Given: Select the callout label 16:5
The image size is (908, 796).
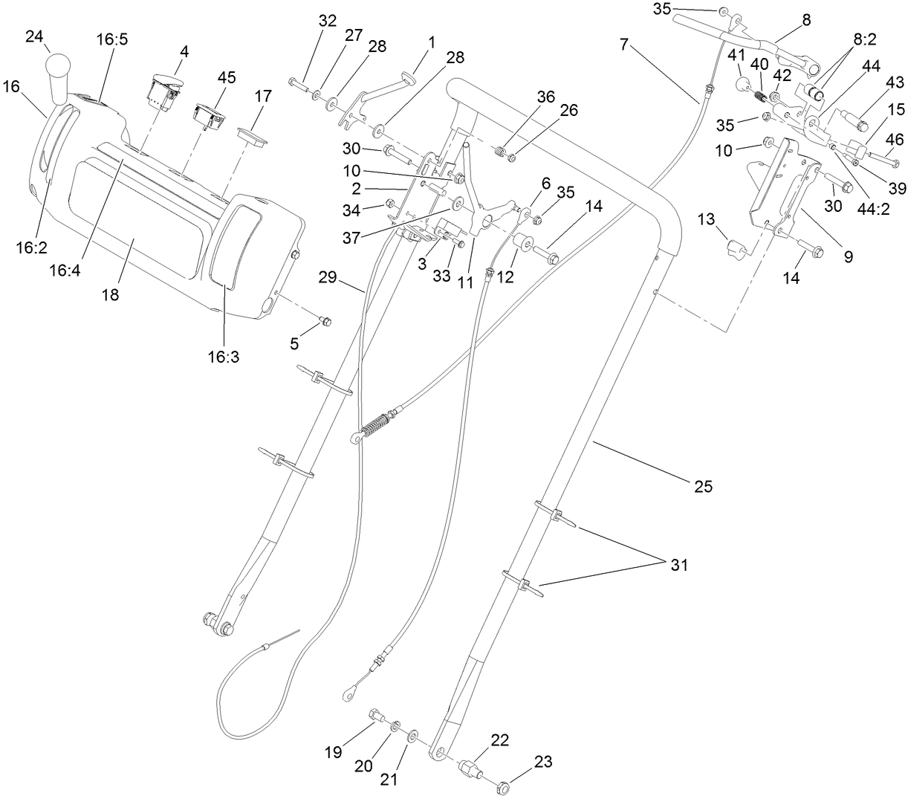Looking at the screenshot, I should pos(112,39).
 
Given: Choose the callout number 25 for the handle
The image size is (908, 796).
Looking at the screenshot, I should pos(702,487).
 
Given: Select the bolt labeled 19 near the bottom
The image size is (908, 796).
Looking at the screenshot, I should pos(375,716).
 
